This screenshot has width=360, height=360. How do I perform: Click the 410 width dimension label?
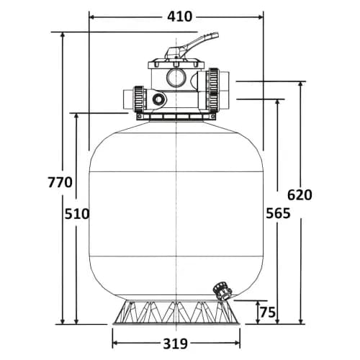tap(180, 17)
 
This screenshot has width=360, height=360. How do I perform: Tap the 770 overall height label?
tap(60, 182)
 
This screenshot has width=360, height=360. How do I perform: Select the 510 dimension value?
tap(77, 214)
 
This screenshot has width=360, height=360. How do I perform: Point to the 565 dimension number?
tap(278, 213)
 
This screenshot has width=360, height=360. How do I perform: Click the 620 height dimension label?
tap(300, 194)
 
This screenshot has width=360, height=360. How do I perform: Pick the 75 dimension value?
tap(268, 312)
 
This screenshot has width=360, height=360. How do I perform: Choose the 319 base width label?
tap(176, 343)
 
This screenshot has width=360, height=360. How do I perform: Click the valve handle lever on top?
tap(192, 45)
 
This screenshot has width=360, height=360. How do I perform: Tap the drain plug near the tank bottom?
tap(222, 291)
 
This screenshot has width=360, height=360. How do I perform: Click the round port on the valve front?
tap(176, 78)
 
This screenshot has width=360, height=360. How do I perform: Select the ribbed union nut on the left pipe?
tap(140, 99)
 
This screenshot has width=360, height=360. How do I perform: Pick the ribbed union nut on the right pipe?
tap(213, 89)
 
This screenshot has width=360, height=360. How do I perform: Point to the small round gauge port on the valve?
tap(159, 99)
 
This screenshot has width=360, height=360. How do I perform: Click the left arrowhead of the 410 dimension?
tap(92, 17)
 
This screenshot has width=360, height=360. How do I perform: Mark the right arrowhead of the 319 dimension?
tap(237, 343)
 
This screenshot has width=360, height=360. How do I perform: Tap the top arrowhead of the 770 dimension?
tap(63, 35)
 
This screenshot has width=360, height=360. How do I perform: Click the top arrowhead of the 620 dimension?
tap(300, 84)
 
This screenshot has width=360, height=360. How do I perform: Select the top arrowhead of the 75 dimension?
tap(258, 304)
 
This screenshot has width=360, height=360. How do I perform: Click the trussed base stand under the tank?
tap(176, 312)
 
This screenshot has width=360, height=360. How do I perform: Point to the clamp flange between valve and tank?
tap(176, 117)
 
